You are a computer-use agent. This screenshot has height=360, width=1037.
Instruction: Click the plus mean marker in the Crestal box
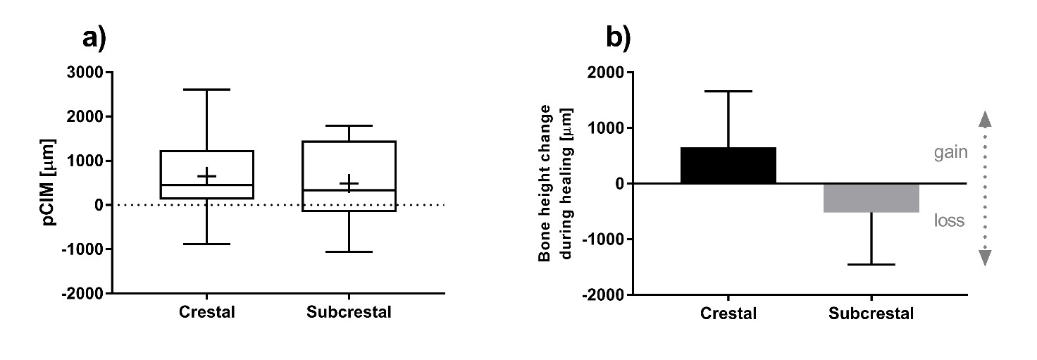206,175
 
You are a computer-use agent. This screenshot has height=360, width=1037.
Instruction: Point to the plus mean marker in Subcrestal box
349,184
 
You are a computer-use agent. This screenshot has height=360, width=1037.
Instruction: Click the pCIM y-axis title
50,182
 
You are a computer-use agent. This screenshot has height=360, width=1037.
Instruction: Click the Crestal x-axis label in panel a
206,312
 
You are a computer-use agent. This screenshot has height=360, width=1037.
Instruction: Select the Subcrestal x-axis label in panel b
871,314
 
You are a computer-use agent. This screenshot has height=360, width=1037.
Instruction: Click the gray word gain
951,152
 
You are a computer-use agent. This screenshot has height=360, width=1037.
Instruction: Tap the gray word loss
949,221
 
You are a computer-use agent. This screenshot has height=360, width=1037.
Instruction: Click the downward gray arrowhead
986,259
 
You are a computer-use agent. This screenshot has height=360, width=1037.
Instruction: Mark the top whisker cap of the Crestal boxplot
206,89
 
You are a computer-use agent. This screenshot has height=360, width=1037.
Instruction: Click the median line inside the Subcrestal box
349,190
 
